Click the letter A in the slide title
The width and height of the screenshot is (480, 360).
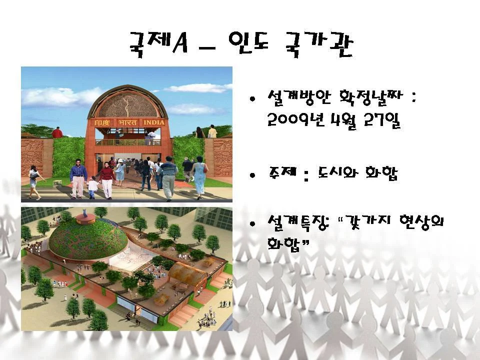[180, 43]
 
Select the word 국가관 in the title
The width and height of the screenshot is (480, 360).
[318, 44]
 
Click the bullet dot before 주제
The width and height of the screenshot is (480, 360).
[252, 175]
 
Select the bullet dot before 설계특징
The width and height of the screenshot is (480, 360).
[252, 224]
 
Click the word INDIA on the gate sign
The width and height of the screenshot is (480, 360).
[154, 122]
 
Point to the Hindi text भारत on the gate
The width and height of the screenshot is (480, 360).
[127, 122]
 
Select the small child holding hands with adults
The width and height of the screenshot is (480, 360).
[92, 187]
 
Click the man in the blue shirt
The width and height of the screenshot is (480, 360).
[78, 179]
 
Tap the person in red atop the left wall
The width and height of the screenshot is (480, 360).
[57, 133]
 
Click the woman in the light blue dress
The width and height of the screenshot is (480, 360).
[199, 177]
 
